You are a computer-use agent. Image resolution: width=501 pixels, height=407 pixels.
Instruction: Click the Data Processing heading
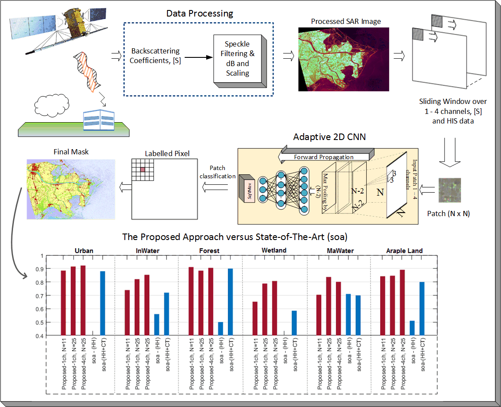tap(200, 13)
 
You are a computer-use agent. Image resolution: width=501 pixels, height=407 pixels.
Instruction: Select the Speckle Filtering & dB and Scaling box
tap(237, 59)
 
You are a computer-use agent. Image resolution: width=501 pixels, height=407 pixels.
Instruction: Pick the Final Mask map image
tap(70, 189)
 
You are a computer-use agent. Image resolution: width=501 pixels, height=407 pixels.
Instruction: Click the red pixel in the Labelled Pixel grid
tap(141, 169)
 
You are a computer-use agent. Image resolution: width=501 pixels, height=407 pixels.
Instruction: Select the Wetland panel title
tap(274, 250)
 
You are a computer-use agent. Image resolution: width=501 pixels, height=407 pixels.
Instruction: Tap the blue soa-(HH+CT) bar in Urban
tap(103, 303)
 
